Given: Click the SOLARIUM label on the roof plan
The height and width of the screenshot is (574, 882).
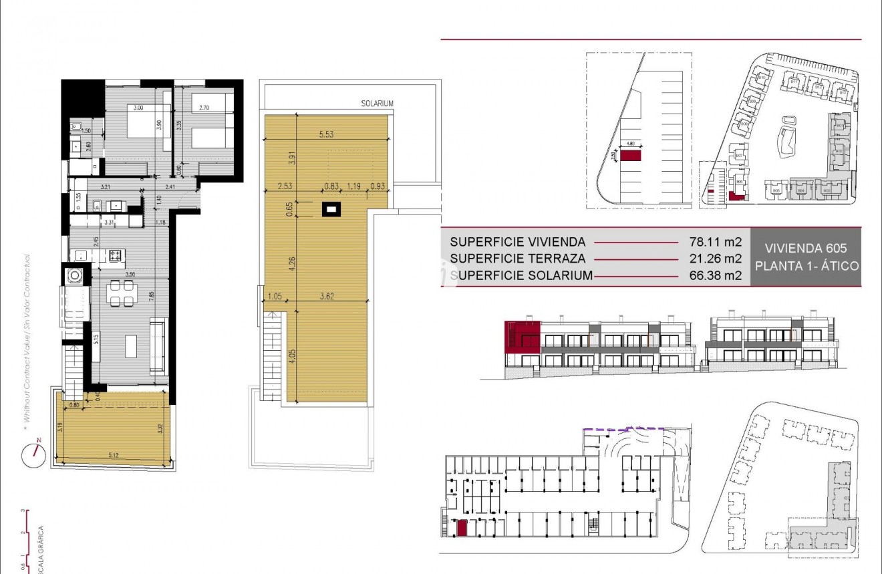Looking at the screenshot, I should click(377, 104).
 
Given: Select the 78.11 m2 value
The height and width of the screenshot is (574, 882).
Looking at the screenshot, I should click(716, 242).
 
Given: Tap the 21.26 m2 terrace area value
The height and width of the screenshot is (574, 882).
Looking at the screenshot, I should click(716, 259).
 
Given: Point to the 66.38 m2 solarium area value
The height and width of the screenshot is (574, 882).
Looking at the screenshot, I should click(716, 275).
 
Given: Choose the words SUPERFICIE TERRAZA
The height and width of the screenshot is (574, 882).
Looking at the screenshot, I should click(518, 259).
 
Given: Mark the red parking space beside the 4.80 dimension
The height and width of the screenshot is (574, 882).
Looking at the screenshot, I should click(630, 156).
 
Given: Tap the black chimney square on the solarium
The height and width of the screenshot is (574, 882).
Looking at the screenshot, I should click(331, 210).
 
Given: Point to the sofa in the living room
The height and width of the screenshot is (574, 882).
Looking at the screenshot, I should click(158, 346).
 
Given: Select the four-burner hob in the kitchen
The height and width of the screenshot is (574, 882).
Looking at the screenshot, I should click(115, 255).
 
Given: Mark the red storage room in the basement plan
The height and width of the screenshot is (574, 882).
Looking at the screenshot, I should click(461, 528).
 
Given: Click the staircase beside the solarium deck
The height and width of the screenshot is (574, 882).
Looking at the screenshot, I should click(273, 357).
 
